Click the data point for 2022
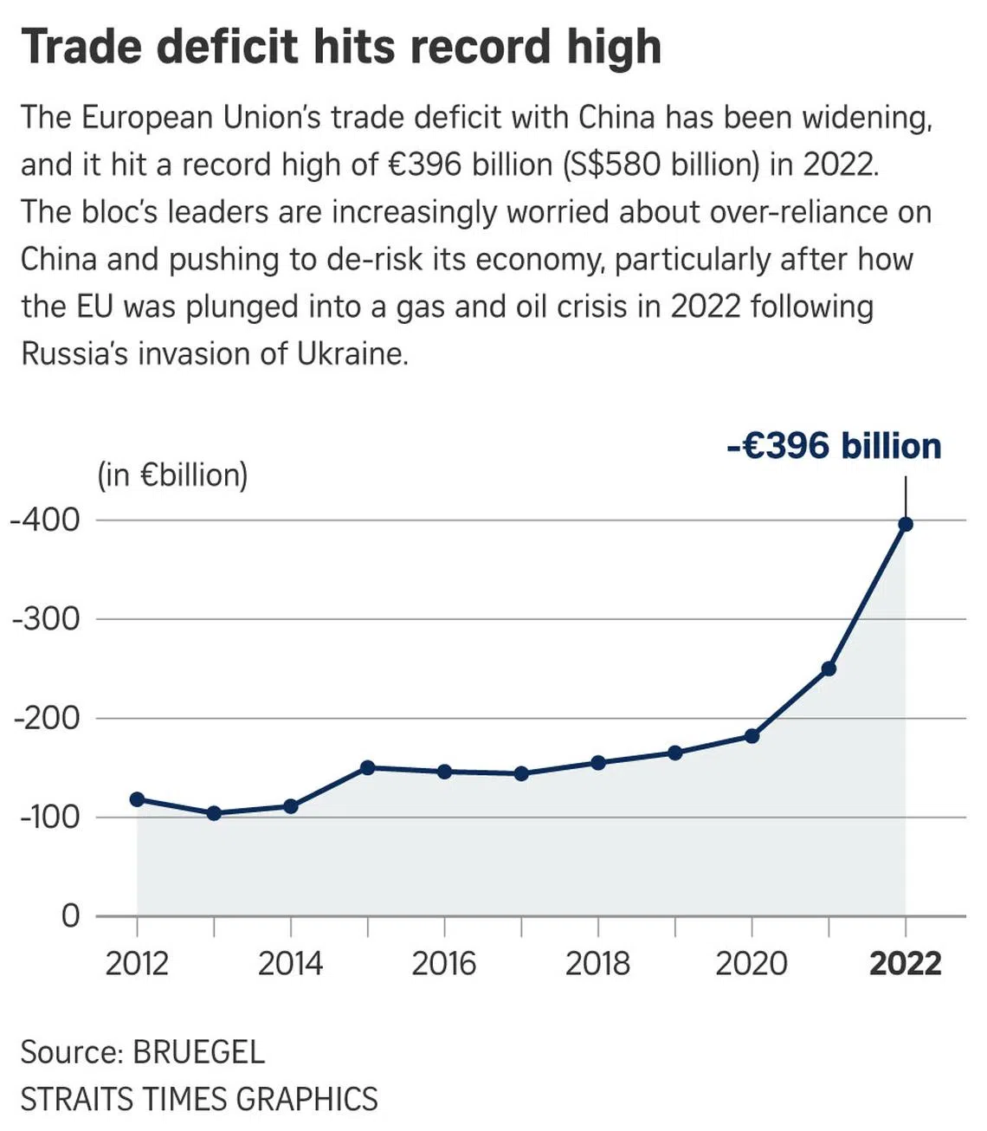[x=906, y=524]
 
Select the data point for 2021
[x=829, y=669]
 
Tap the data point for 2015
[x=367, y=767]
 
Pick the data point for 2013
[x=214, y=813]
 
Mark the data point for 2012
[x=137, y=799]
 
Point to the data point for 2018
[x=597, y=763]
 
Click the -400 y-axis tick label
[x=45, y=520]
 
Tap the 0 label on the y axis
[x=70, y=915]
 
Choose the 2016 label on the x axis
[x=443, y=963]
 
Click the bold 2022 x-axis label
[x=905, y=963]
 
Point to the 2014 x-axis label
[x=290, y=963]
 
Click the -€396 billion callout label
[x=834, y=446]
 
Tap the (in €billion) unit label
[x=172, y=475]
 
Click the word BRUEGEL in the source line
[x=198, y=1052]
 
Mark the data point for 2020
[x=752, y=736]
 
